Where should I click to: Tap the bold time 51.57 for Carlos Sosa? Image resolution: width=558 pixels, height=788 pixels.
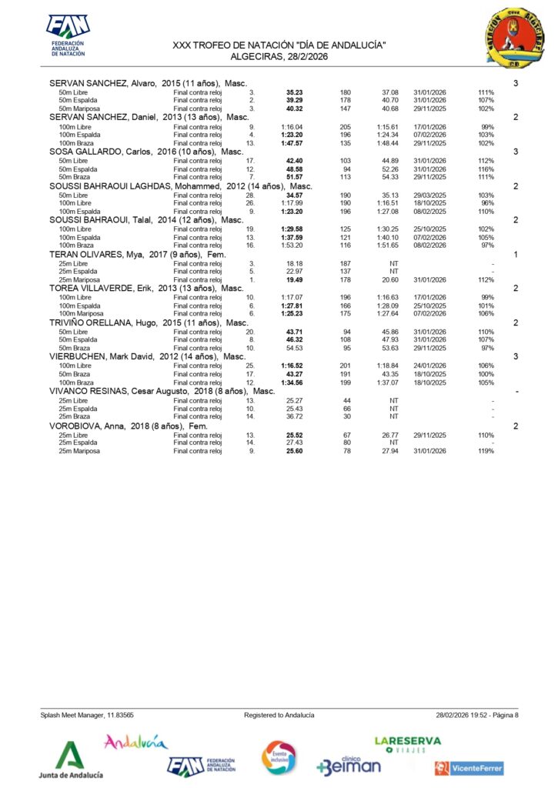coord(293,177)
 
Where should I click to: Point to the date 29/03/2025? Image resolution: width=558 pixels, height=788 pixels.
coord(429,195)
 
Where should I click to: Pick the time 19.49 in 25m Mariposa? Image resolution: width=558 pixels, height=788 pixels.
coord(293,279)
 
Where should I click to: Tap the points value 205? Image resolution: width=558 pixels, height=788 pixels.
coord(346,126)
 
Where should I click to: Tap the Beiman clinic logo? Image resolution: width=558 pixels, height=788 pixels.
coord(348,763)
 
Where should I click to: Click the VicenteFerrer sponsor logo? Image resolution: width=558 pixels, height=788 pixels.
coord(469,767)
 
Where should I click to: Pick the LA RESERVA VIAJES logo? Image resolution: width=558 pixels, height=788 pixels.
coord(407,744)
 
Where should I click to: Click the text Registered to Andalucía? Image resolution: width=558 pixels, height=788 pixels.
coord(279,715)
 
